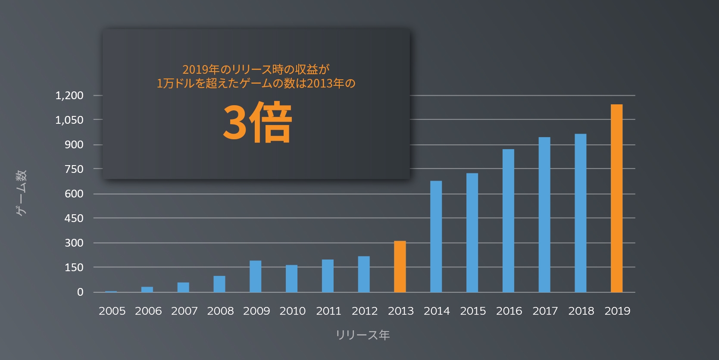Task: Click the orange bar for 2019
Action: (616, 198)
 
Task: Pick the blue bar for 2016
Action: (508, 221)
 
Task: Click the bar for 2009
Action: (255, 276)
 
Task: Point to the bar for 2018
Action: (580, 213)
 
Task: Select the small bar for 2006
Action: (147, 290)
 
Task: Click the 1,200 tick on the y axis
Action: (69, 95)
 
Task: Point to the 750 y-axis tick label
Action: (74, 169)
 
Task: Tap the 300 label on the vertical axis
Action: (74, 243)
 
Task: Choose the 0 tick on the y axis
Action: (80, 292)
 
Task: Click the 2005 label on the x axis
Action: (112, 311)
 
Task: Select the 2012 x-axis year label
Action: (365, 311)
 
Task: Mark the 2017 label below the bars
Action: (545, 311)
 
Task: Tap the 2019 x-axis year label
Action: (617, 311)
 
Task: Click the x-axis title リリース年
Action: (363, 335)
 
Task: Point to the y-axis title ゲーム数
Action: (21, 193)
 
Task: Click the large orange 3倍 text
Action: (257, 122)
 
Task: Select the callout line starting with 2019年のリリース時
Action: (256, 69)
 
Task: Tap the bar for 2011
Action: (328, 276)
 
